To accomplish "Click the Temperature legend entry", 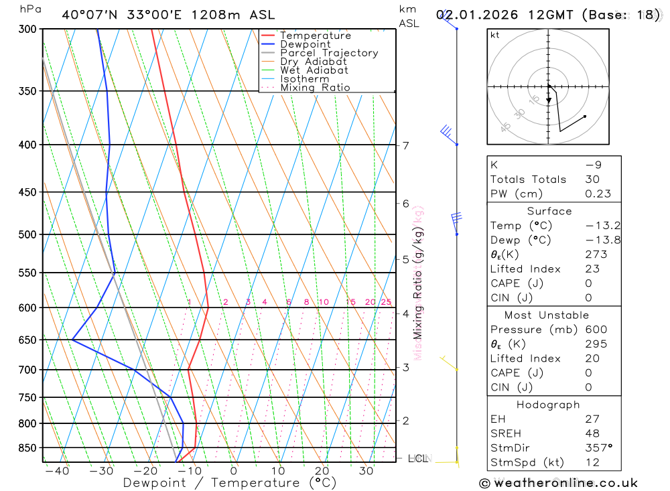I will (315, 36).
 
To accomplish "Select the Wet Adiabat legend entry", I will (314, 70).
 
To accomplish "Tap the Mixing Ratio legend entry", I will (315, 88).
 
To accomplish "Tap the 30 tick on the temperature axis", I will (366, 471).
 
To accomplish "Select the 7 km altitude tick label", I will (406, 145).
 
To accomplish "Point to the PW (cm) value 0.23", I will (598, 194).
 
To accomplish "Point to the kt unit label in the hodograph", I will (494, 36).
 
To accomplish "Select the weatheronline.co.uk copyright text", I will (558, 483).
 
